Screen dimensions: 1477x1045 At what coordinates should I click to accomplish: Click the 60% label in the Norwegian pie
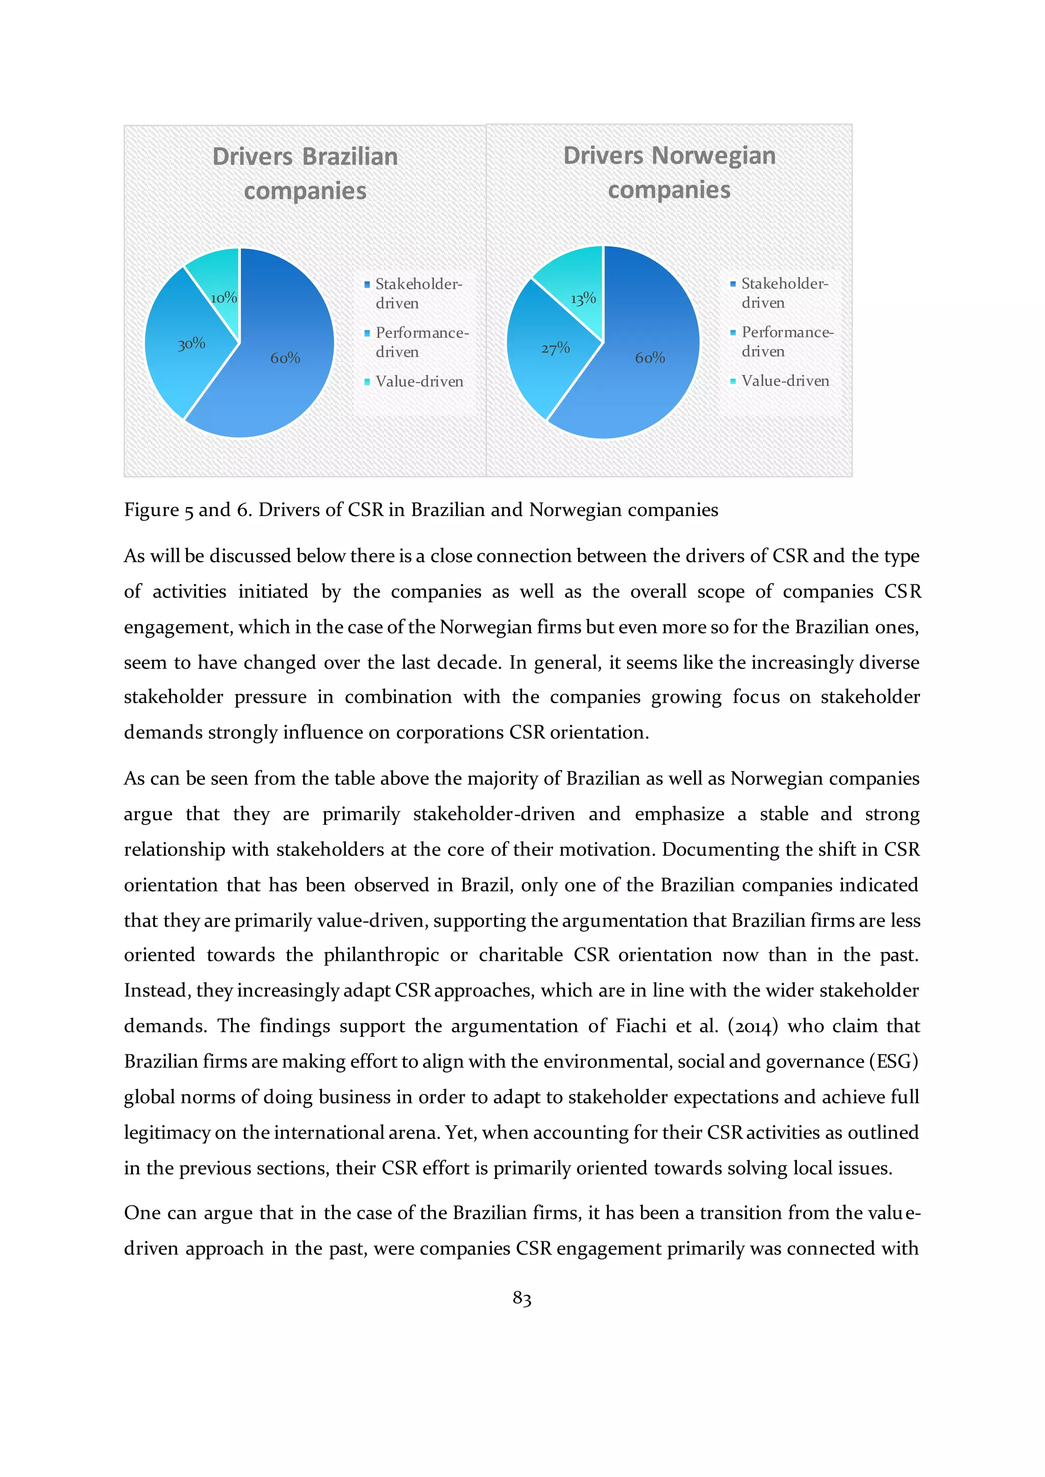tap(650, 358)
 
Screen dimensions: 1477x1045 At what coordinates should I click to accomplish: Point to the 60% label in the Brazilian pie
tap(285, 358)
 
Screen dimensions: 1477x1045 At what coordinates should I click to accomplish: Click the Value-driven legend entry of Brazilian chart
tap(419, 381)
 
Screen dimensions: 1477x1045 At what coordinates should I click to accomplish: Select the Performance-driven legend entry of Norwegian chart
tap(786, 342)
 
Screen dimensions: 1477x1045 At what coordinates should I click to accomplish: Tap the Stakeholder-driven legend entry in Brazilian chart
tap(418, 293)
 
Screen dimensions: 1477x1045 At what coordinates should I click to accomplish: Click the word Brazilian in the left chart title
tap(350, 157)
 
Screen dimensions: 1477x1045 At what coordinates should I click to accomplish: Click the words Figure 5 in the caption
tap(158, 510)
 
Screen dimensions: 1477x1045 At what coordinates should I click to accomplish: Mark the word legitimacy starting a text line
tap(167, 1132)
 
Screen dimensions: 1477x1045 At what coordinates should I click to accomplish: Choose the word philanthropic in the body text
tap(381, 955)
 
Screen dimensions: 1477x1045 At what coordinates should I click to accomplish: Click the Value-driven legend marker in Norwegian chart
tap(733, 381)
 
